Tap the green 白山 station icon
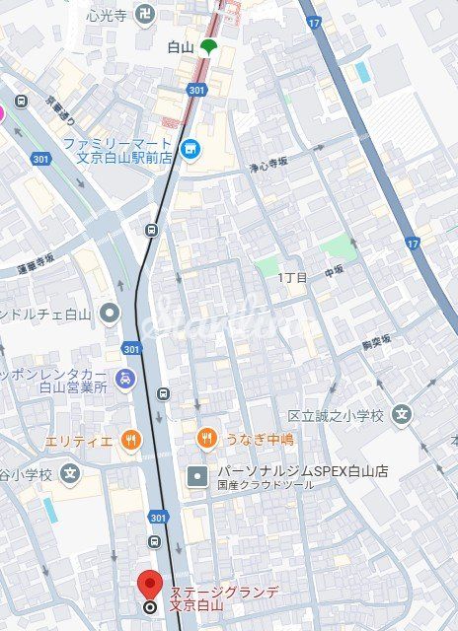coord(207,46)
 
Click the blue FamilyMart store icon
coord(191,150)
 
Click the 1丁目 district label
coord(293,277)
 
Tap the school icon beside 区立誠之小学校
coord(401,414)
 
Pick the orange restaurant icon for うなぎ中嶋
coord(206,439)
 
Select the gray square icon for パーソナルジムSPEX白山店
coord(198,476)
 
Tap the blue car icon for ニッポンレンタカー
coord(124,378)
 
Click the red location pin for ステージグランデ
coord(149,585)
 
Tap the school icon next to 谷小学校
coord(68,475)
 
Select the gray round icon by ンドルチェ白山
coord(110,315)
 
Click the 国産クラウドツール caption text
coord(252,485)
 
